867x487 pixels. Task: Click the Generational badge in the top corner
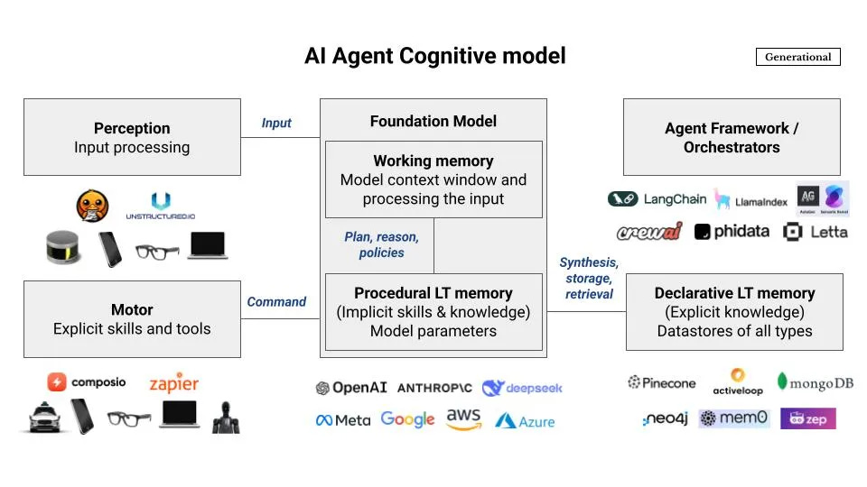coord(797,57)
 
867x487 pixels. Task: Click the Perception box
coord(132,137)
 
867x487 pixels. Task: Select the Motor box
coord(132,319)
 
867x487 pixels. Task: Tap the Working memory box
coord(433,179)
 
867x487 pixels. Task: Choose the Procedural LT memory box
coord(433,312)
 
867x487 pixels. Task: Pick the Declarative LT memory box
coord(734,312)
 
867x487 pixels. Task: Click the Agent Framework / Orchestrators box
coord(732,137)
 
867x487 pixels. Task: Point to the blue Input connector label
coord(276,123)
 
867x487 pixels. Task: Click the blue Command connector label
coord(276,302)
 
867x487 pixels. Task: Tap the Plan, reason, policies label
coord(381,244)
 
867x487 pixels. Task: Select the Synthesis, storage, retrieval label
coord(589,278)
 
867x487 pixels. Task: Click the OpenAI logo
coord(351,388)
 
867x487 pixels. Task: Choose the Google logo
coord(407,419)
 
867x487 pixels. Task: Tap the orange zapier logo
coord(173,382)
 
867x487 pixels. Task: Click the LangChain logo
coord(657,199)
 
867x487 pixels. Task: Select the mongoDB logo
coord(815,382)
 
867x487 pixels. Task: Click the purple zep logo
coord(807,418)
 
